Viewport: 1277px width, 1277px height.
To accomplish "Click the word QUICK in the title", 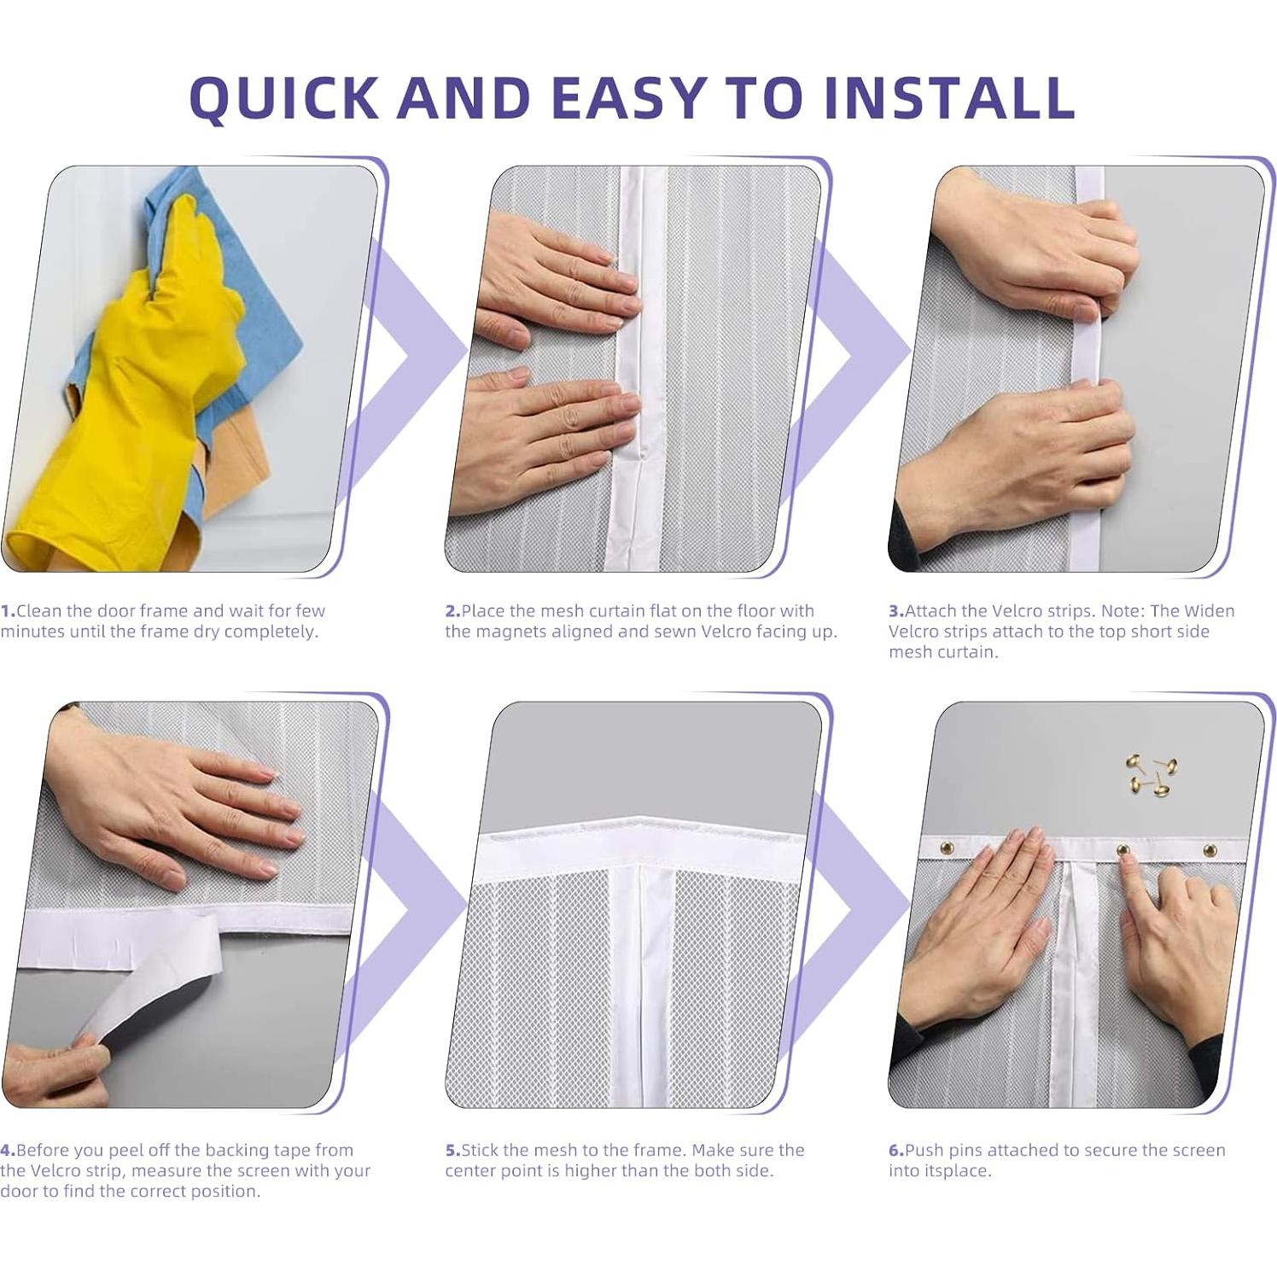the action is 284,97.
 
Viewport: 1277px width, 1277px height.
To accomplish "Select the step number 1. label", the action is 8,611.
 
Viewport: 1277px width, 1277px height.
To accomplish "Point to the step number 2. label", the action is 452,611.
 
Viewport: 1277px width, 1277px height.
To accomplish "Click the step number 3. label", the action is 896,611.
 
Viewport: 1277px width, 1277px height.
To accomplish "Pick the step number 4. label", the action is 8,1150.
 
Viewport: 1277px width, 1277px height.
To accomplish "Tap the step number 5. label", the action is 452,1150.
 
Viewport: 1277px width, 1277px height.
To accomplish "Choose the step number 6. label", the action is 896,1150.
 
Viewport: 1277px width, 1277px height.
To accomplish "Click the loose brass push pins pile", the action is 1151,775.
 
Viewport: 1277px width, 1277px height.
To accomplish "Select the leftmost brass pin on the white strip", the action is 946,848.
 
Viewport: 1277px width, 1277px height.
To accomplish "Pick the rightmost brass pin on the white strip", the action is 1210,850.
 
